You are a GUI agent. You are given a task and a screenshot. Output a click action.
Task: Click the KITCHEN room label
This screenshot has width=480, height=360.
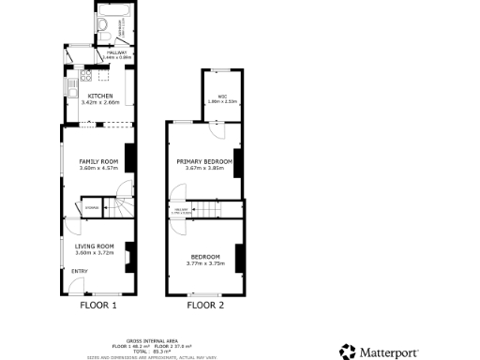tap(100, 96)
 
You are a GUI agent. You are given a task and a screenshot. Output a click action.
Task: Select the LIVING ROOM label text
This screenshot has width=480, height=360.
tap(94, 246)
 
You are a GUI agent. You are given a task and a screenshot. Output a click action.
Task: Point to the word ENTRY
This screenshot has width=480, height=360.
tap(79, 271)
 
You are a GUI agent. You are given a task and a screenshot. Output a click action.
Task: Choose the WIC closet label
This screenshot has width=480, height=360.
tap(222, 97)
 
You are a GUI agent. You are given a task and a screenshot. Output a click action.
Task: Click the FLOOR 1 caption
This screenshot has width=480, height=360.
tap(98, 305)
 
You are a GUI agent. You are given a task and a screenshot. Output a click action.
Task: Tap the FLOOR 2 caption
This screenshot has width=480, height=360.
tap(205, 305)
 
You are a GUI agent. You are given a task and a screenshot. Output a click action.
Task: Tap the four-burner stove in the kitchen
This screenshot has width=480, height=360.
tap(84, 74)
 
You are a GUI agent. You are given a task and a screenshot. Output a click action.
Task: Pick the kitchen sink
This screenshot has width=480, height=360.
tap(70, 89)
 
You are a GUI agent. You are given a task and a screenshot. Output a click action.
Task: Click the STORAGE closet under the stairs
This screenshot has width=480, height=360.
tap(92, 207)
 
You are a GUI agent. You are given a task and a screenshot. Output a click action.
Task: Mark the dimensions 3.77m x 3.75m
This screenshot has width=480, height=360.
tap(205, 263)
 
